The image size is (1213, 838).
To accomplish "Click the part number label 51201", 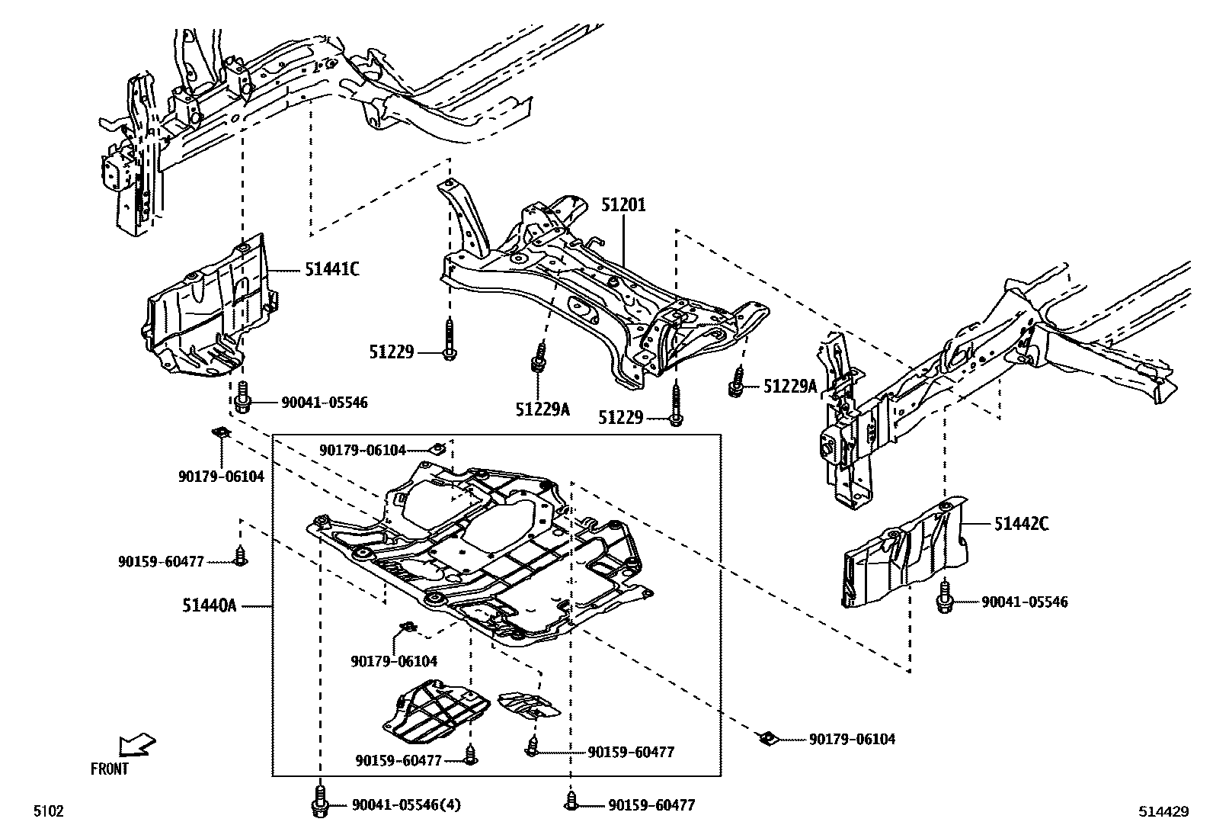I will click(623, 205).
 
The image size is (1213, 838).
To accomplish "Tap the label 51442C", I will click(1021, 524).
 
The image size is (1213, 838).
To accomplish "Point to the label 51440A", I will click(210, 606).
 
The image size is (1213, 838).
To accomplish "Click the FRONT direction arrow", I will click(138, 743).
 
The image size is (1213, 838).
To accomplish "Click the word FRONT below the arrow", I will click(110, 769).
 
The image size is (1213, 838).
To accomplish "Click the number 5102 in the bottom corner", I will click(47, 811).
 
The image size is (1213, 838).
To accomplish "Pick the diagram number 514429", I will click(1163, 812).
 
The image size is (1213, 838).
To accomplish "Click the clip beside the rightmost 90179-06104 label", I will click(768, 737).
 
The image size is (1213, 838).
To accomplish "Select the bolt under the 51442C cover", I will click(945, 599).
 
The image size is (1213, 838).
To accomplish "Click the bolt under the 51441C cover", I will click(243, 398).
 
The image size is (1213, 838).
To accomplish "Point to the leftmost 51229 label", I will click(392, 352).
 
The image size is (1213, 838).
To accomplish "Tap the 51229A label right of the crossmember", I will click(790, 387).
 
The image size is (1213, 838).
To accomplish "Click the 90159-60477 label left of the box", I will click(161, 562).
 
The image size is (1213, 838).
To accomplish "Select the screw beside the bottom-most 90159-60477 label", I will click(570, 802).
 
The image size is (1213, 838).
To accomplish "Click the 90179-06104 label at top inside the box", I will click(363, 451).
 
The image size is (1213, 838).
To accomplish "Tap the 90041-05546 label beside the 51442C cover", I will click(1024, 602).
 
